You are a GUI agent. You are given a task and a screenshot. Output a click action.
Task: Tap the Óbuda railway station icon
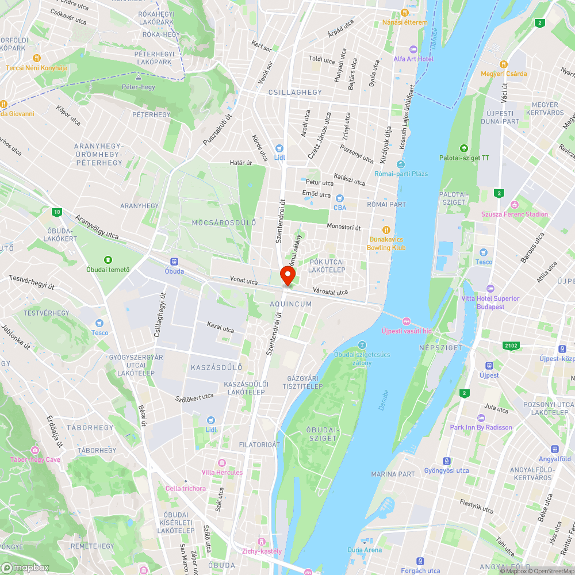tap(174, 262)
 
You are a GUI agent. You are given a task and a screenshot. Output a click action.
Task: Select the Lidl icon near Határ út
tap(280, 148)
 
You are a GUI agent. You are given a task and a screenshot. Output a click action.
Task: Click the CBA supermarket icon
tap(340, 198)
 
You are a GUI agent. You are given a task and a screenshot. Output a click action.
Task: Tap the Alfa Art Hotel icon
tap(413, 49)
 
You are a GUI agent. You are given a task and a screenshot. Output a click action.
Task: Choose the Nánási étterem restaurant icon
tap(405, 13)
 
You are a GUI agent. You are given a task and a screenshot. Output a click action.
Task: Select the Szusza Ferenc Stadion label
tap(515, 214)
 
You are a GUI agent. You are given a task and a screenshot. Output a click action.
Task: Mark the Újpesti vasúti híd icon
tap(406, 321)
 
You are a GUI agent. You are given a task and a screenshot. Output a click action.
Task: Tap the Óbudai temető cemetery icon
tap(108, 260)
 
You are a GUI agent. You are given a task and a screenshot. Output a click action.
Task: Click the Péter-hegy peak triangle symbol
tap(138, 77)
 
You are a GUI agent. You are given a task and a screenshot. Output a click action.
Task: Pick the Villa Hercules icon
tap(222, 463)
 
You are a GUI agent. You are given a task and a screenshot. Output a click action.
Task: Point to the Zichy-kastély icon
tap(262, 542)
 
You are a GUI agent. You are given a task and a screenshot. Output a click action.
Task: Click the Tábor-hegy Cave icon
tap(35, 450)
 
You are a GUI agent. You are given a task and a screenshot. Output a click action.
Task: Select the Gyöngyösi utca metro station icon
tap(446, 461)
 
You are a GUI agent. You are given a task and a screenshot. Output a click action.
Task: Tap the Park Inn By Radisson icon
tap(481, 418)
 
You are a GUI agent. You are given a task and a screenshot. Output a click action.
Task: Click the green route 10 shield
tap(56, 213)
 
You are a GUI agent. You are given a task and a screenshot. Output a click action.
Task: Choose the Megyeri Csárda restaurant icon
tap(504, 64)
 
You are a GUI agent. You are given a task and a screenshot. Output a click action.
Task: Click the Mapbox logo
tap(26, 568)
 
